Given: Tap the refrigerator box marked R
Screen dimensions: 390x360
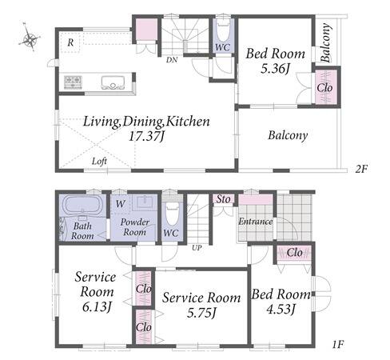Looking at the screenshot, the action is (x=70, y=42).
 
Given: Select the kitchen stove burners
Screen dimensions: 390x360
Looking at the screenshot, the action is (x=73, y=82).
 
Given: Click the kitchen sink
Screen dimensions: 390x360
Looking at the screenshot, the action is (x=113, y=82).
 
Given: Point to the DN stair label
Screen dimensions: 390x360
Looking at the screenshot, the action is (x=172, y=60).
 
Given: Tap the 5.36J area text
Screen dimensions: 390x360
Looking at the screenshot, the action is (x=275, y=69).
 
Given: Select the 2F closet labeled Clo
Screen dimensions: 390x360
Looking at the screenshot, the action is (x=324, y=87).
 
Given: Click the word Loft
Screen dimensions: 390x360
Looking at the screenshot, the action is (x=99, y=161).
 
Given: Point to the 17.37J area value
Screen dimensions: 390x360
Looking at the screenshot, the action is (x=146, y=137).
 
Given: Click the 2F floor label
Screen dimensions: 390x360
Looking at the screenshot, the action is (x=361, y=169).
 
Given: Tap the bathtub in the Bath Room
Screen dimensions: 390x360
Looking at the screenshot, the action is (x=82, y=205).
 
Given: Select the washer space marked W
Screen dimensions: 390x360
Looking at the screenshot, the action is (x=121, y=204).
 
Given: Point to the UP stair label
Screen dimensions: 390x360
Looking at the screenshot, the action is (x=197, y=248).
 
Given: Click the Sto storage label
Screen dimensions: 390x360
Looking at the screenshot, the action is (x=223, y=199).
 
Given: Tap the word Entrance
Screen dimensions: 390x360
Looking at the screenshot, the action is (x=255, y=222).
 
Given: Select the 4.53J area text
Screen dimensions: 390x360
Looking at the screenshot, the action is (x=281, y=310).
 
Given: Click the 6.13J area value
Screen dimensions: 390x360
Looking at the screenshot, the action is (x=97, y=306).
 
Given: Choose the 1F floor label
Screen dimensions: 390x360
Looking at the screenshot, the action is (x=338, y=345).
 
